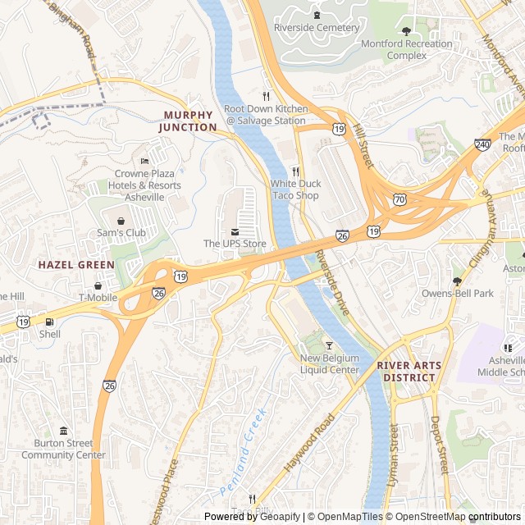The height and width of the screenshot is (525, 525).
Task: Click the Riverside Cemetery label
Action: coord(316,28)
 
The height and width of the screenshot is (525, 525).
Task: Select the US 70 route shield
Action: coord(399,199)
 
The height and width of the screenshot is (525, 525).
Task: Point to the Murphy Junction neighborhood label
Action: coord(188,121)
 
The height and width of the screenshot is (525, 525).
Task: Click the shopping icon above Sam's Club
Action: coord(121,221)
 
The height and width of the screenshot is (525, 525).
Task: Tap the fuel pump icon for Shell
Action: coord(49,322)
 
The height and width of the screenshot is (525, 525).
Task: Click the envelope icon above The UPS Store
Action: coord(235,231)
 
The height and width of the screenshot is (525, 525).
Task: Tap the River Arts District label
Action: coord(409,372)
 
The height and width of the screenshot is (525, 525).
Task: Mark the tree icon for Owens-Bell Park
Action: coord(457,281)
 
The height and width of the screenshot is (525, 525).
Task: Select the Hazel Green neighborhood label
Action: coord(76,265)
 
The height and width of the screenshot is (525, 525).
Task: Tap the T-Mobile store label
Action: coord(99,297)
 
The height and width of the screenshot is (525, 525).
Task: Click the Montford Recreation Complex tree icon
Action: coord(406,31)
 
